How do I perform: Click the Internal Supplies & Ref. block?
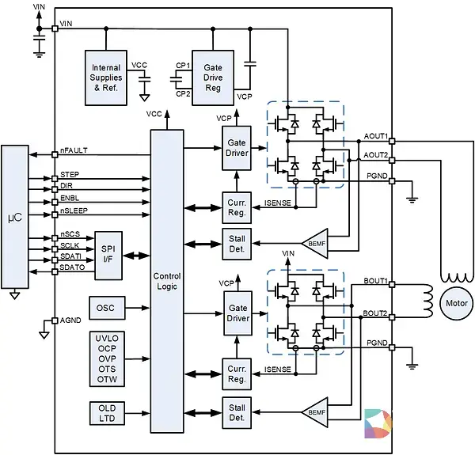[106, 78]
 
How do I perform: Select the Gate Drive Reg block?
[213, 78]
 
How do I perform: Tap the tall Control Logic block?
[167, 281]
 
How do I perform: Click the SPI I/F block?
[108, 256]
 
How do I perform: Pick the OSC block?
[107, 308]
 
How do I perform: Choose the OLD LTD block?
[107, 413]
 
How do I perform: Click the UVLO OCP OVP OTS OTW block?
[107, 358]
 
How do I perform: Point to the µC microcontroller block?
[15, 217]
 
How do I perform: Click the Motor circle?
[457, 303]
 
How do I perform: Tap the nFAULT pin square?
[55, 154]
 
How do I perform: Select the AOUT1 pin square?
[392, 141]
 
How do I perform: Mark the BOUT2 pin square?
[392, 317]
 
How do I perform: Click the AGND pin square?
[55, 320]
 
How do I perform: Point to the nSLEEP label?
[74, 210]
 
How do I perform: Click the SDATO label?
[72, 267]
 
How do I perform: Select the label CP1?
[183, 66]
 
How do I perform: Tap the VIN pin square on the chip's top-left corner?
[55, 28]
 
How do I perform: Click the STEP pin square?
[55, 179]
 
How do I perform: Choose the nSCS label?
[70, 234]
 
